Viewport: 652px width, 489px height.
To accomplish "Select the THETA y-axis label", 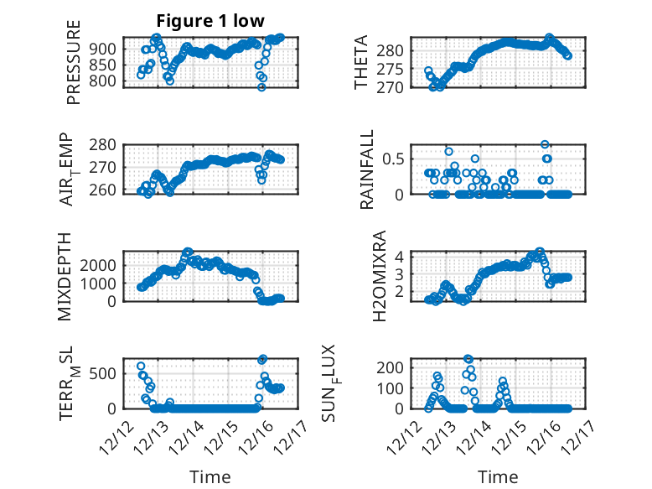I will click(361, 63).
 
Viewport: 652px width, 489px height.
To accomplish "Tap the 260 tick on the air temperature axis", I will click(106, 190).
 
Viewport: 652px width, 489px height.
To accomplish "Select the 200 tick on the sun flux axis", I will click(393, 367).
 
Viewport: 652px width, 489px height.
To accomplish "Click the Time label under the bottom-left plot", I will click(210, 476).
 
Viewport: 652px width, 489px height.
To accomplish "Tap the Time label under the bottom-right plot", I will click(498, 476).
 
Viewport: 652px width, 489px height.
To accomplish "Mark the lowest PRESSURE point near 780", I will click(261, 87).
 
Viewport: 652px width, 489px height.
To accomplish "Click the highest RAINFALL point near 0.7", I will click(545, 144).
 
